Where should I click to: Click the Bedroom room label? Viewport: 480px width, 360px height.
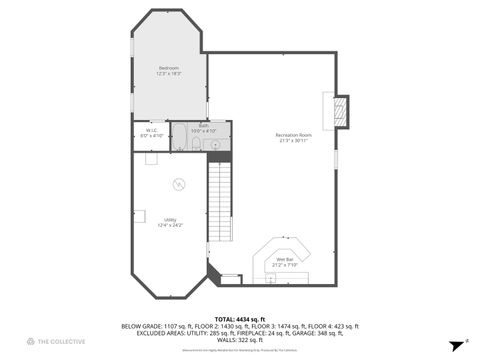pyautogui.click(x=168, y=68)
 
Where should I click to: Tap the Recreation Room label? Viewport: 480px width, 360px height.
pyautogui.click(x=294, y=134)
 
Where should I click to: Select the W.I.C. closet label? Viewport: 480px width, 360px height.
pyautogui.click(x=151, y=129)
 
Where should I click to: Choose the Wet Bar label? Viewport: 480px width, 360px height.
pyautogui.click(x=285, y=258)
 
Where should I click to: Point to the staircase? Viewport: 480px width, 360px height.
pyautogui.click(x=220, y=205)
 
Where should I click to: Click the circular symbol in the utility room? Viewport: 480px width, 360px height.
pyautogui.click(x=178, y=183)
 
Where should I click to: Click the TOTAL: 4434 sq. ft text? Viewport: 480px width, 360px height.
pyautogui.click(x=239, y=318)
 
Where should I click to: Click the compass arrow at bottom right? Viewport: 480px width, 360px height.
pyautogui.click(x=455, y=341)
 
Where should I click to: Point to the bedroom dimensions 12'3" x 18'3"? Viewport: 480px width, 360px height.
pyautogui.click(x=168, y=74)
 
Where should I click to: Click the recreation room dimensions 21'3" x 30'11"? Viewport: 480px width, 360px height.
pyautogui.click(x=294, y=140)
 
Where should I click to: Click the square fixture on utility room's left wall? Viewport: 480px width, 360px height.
pyautogui.click(x=141, y=215)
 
